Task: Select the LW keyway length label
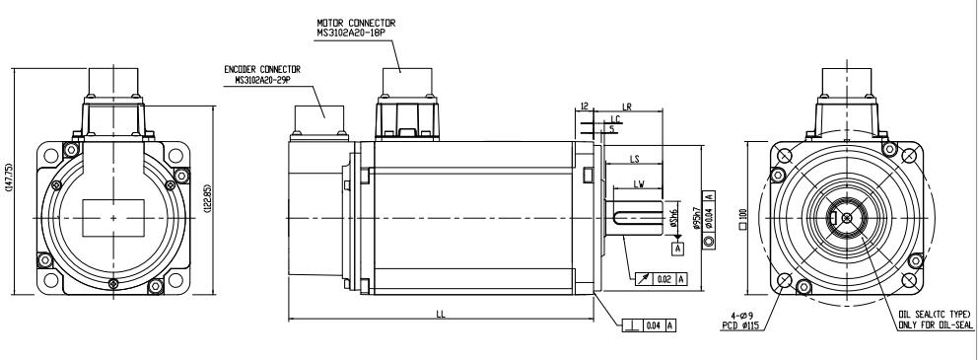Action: [638, 184]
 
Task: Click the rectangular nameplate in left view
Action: [114, 217]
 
